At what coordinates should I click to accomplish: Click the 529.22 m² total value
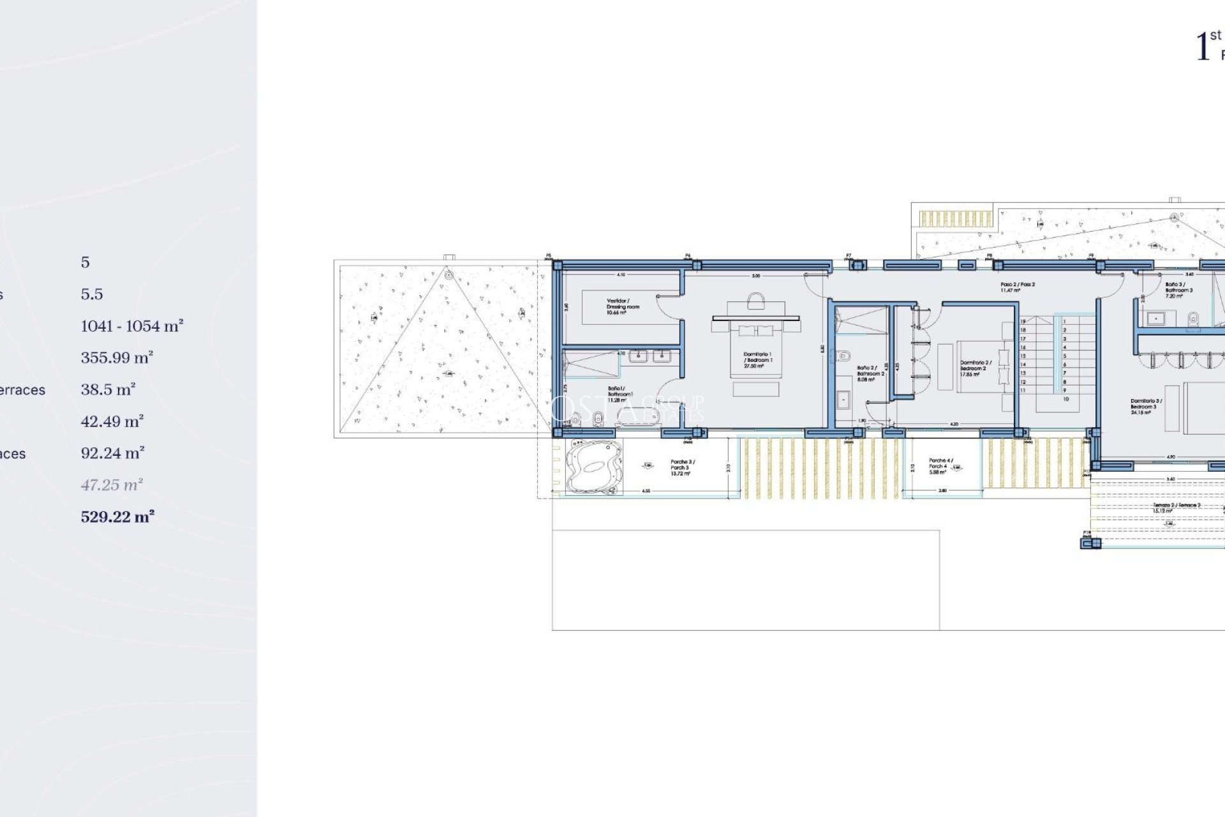(117, 517)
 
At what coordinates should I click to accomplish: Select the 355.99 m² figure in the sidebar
(117, 358)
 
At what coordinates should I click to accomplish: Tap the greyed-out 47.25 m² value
(112, 485)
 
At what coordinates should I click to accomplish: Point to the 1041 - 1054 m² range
(132, 326)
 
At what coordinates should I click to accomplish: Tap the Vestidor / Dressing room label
(622, 306)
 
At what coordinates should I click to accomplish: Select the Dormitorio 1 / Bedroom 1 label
(757, 360)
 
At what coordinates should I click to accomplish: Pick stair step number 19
(1023, 322)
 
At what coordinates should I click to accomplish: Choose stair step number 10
(1065, 399)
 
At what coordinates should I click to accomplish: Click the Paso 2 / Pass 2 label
(1017, 287)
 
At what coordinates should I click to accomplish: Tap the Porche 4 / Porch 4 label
(940, 466)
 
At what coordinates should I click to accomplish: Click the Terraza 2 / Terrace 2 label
(1176, 507)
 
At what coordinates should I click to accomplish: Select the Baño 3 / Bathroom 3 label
(1178, 290)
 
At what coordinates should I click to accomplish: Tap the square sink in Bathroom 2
(843, 401)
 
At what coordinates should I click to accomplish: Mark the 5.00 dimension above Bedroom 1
(756, 276)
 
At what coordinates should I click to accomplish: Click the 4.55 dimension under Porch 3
(646, 491)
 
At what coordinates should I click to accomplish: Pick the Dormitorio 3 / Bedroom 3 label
(1146, 407)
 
